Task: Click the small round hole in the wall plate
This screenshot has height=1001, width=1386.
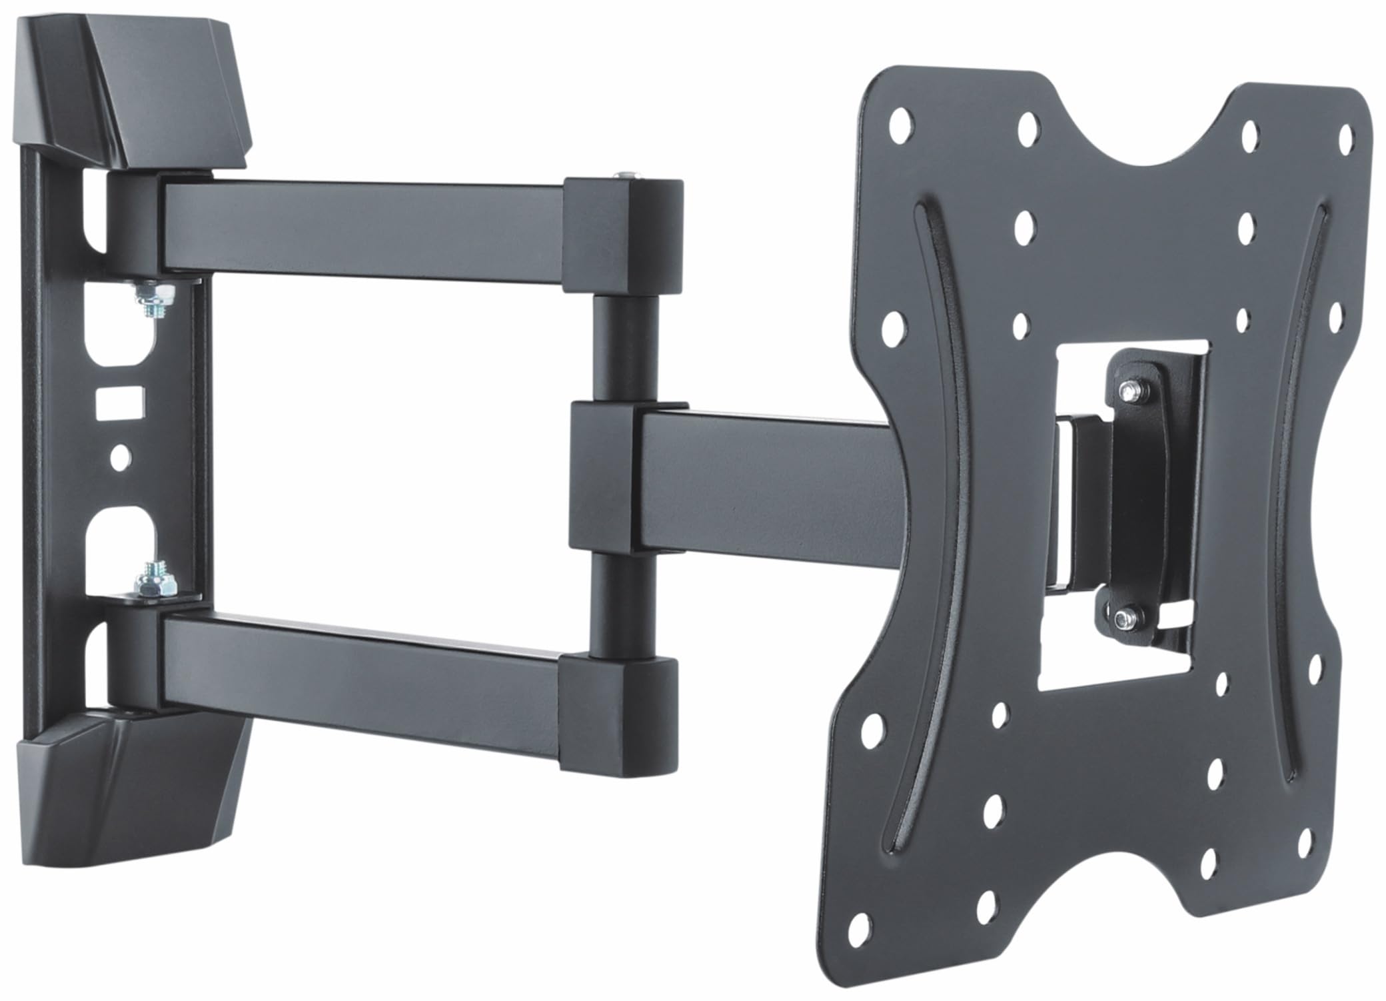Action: pyautogui.click(x=121, y=459)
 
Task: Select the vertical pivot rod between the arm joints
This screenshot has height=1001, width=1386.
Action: pyautogui.click(x=623, y=347)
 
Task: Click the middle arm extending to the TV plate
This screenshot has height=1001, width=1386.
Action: pyautogui.click(x=766, y=477)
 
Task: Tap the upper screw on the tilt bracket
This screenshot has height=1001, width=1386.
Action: pyautogui.click(x=1131, y=392)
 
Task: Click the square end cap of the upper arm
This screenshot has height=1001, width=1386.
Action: pyautogui.click(x=623, y=237)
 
